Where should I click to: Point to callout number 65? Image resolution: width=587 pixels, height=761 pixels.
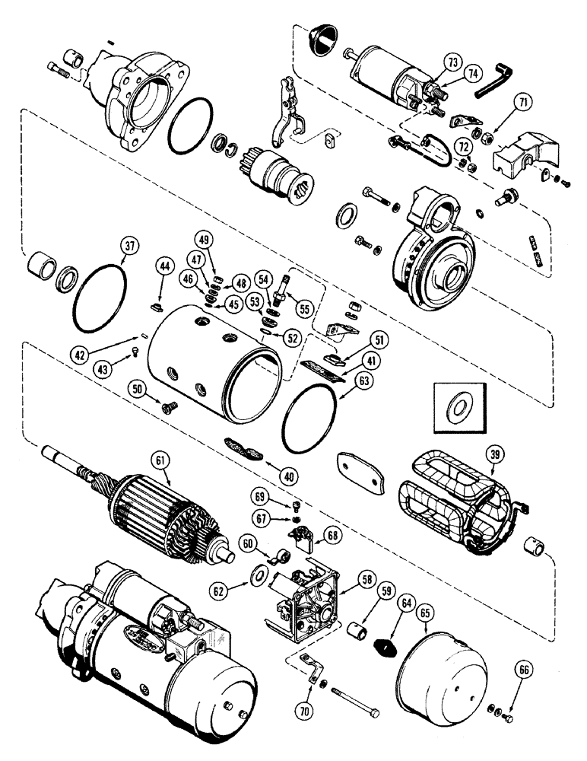point(424,611)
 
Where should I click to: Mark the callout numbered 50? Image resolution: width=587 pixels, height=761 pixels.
point(138,390)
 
